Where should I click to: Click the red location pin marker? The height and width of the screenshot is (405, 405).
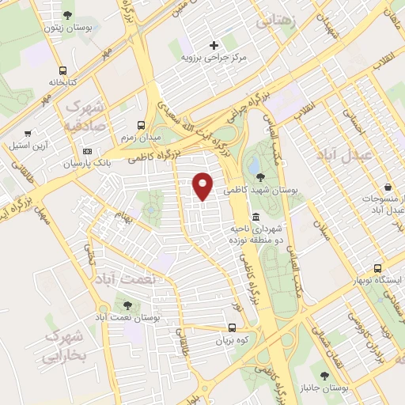203,185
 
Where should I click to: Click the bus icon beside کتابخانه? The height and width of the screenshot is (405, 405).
62,70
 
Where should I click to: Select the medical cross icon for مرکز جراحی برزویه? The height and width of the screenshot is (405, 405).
213,45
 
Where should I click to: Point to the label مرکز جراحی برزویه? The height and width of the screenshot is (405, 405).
214,58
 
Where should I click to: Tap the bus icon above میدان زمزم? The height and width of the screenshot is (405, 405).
142,125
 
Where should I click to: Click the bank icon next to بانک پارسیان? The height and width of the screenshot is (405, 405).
87,151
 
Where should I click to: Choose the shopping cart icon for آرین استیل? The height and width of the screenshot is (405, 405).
28,134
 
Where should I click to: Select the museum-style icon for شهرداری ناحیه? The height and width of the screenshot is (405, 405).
255,217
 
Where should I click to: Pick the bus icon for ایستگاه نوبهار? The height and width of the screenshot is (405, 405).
378,268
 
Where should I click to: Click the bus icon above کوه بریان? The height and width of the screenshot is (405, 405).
232,327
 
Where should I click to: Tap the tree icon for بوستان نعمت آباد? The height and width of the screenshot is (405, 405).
126,305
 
